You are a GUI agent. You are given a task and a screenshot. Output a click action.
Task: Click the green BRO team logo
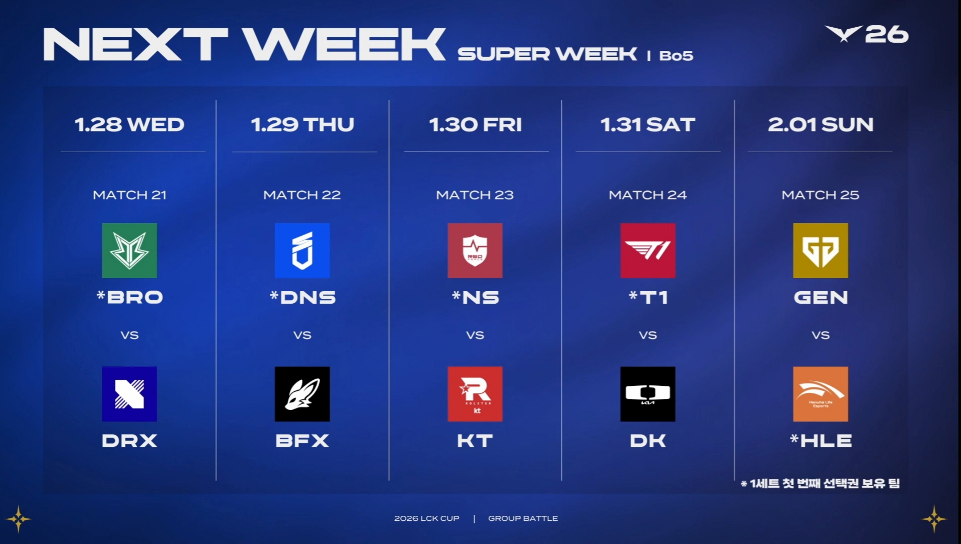point(129,250)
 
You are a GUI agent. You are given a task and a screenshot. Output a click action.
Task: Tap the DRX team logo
point(129,394)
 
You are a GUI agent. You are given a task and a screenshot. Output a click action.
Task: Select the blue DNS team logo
point(302,250)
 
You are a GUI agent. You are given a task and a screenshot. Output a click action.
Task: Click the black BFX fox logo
point(302,394)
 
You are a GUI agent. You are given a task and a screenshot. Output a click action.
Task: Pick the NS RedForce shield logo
point(475,250)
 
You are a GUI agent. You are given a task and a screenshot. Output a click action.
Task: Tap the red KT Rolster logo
point(475,394)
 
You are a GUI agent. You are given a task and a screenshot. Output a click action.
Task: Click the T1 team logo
point(648,250)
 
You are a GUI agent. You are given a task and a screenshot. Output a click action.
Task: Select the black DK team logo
point(648,394)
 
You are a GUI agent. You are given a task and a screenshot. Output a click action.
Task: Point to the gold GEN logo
point(821,250)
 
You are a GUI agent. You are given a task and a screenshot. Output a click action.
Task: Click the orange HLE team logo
point(821,394)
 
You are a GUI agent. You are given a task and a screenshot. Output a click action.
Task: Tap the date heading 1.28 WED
point(129,124)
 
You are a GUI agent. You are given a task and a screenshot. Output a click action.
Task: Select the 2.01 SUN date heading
point(821,124)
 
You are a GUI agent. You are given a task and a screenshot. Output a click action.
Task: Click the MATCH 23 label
point(475,195)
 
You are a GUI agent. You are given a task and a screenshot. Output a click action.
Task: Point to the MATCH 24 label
point(648,195)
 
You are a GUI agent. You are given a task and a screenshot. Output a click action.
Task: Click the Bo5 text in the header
point(676,55)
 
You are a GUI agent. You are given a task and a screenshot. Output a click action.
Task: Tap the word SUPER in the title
point(503,54)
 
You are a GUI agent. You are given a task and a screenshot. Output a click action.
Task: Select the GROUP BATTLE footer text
point(523,518)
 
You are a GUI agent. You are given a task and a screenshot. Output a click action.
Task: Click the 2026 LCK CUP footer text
point(427,518)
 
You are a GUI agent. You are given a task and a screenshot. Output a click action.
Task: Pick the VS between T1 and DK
point(648,335)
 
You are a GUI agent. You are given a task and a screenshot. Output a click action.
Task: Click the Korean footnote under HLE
point(821,484)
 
